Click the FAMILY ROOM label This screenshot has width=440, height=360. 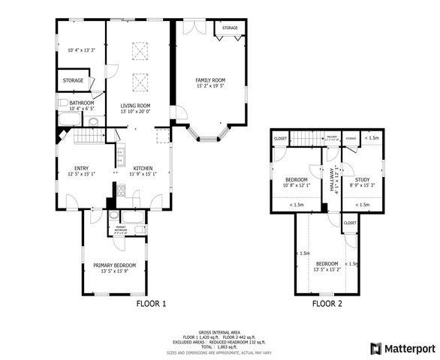tap(210, 79)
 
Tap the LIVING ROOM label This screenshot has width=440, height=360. tap(135, 106)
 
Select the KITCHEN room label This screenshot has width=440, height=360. tap(143, 168)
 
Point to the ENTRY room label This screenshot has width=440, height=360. tap(83, 168)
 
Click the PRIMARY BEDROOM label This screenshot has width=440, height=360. tap(114, 265)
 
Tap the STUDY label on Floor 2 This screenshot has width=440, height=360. tap(363, 179)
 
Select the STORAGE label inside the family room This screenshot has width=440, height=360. tap(230, 28)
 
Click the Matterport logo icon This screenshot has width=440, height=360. tap(375, 348)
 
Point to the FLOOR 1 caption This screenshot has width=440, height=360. tap(151, 304)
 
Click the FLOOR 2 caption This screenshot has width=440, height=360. tap(327, 304)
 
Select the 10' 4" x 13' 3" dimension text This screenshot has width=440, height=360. tap(81, 50)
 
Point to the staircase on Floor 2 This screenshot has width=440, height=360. tap(306, 138)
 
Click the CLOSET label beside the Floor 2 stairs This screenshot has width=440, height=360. tap(280, 138)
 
